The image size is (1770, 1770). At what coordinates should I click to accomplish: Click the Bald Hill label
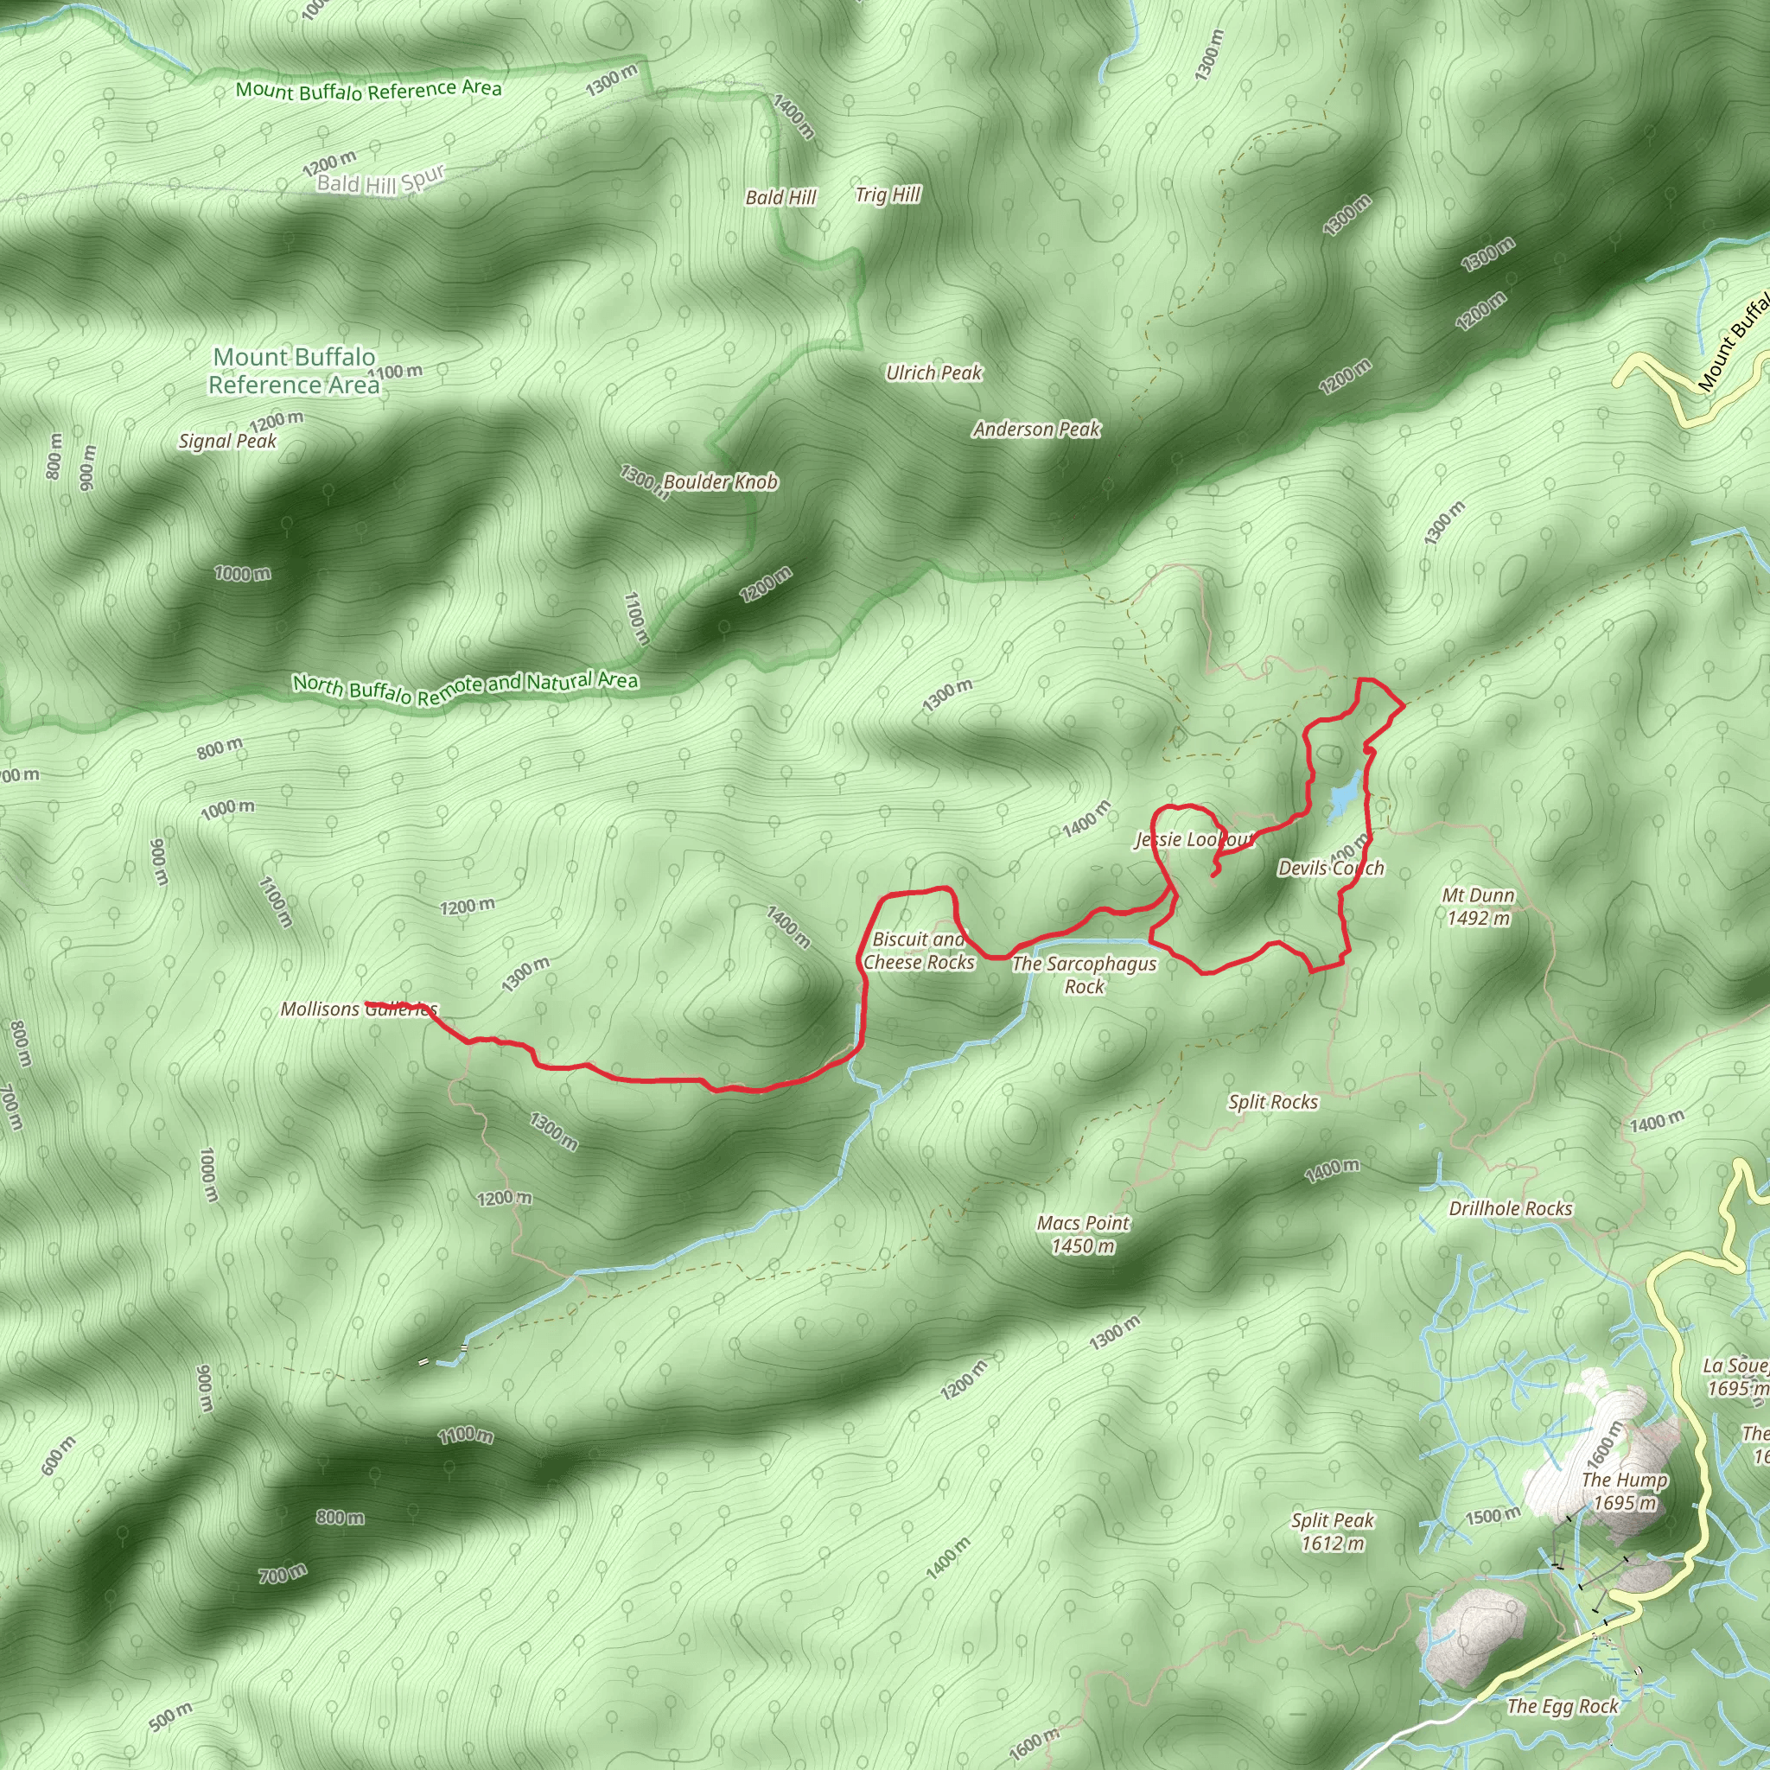click(780, 197)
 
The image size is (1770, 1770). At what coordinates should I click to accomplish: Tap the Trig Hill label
click(888, 194)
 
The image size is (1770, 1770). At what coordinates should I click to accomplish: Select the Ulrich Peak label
click(933, 372)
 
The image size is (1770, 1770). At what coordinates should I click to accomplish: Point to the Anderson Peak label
click(1036, 429)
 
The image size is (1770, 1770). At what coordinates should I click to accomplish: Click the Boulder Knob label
click(720, 482)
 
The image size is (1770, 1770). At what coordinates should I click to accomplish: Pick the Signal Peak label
click(227, 442)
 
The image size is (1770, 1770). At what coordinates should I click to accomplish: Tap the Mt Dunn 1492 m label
click(1478, 906)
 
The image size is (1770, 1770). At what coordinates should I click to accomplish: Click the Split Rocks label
click(1272, 1102)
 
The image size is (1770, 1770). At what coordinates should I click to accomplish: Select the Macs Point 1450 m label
click(1083, 1234)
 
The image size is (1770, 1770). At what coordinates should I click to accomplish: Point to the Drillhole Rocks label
click(1511, 1208)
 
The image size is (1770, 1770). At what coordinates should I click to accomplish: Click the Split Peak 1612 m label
click(1333, 1531)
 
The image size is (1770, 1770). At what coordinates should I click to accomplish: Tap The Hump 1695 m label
click(1624, 1492)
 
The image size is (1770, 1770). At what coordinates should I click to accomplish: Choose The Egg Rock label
click(1563, 1706)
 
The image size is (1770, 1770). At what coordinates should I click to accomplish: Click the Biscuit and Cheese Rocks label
click(919, 951)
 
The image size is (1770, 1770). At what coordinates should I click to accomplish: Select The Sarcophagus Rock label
click(1085, 975)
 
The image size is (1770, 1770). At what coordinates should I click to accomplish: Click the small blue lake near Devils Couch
click(1343, 793)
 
